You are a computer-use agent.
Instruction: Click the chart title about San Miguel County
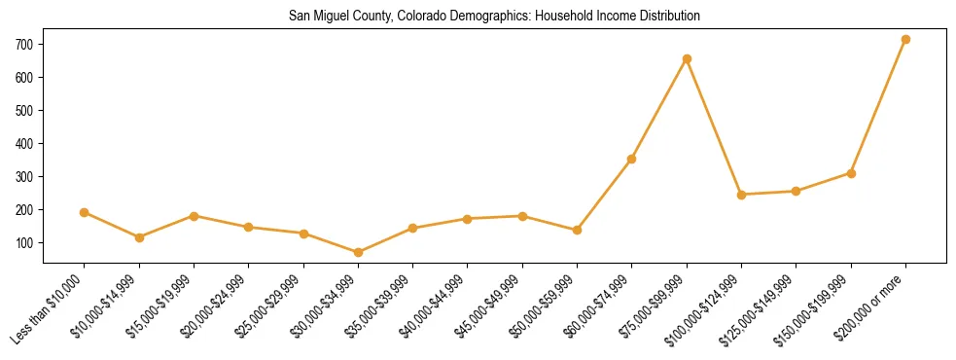(494, 17)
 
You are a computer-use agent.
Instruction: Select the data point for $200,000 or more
(905, 40)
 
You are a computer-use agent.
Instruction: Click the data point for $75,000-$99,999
(687, 59)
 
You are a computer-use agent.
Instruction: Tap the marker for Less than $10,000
(85, 212)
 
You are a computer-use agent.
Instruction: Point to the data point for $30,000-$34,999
(358, 252)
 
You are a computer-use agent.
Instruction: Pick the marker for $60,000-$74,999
(632, 159)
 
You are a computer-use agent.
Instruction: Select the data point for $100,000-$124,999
(741, 195)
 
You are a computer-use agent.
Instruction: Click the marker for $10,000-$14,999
(139, 237)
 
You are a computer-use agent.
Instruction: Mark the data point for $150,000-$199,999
(851, 173)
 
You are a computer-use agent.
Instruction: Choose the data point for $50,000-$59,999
(577, 230)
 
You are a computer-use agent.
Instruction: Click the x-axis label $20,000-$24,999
(214, 309)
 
